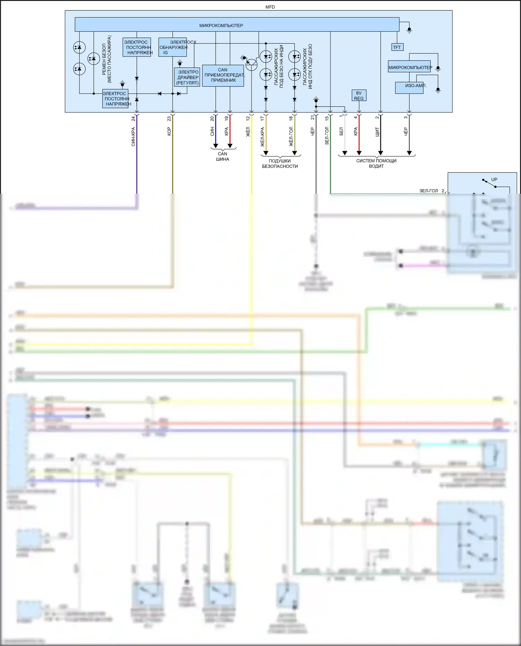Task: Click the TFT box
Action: (397, 47)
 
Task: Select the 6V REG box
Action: (359, 95)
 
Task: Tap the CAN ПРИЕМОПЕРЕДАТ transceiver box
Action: (223, 75)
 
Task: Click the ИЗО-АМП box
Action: (410, 87)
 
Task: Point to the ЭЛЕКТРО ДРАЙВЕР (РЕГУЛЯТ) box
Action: (187, 77)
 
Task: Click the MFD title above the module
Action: (270, 7)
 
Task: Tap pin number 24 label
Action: (133, 119)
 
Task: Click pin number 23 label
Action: (169, 119)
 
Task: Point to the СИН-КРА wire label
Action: (133, 136)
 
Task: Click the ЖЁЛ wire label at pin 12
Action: (248, 132)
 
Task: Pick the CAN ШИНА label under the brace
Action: (223, 157)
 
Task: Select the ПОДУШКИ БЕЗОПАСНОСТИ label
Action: (280, 163)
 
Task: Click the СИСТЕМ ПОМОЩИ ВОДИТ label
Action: (376, 163)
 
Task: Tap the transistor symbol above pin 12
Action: (251, 64)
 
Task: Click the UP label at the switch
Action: (494, 179)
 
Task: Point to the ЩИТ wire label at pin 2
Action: (377, 132)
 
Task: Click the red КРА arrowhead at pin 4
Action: (359, 153)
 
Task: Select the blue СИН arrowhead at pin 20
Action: (216, 146)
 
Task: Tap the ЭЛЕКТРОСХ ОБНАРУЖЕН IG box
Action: (173, 47)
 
